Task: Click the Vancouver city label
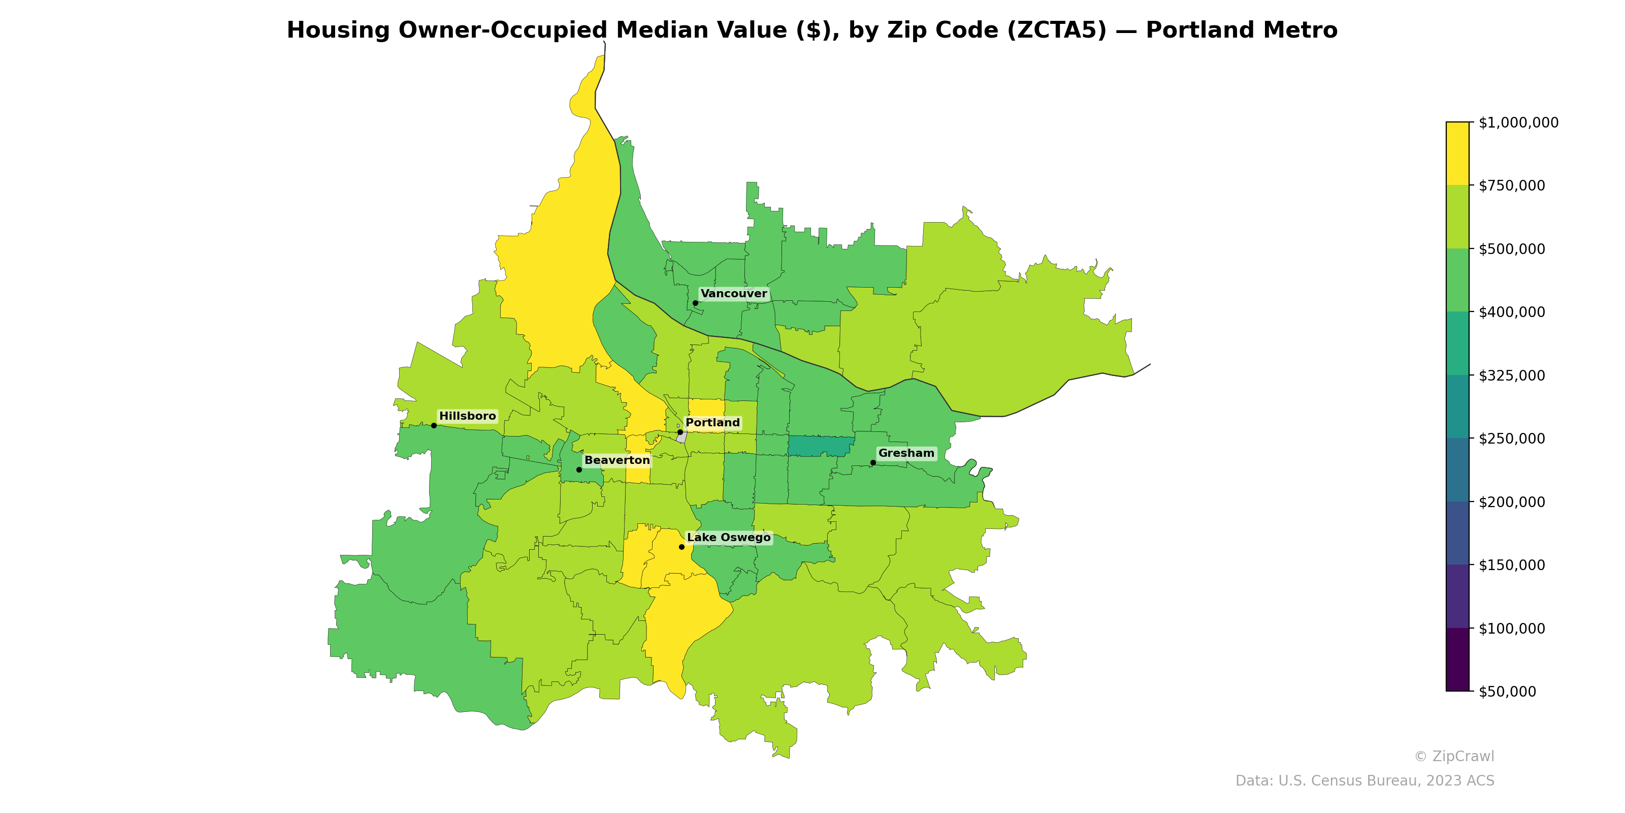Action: pyautogui.click(x=734, y=294)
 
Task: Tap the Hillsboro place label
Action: pyautogui.click(x=467, y=416)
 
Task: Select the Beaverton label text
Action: pyautogui.click(x=617, y=460)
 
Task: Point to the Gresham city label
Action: pyautogui.click(x=906, y=453)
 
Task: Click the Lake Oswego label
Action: pyautogui.click(x=729, y=537)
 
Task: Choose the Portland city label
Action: pyautogui.click(x=712, y=423)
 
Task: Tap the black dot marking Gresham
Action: pyautogui.click(x=873, y=463)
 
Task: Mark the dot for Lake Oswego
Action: pyautogui.click(x=682, y=547)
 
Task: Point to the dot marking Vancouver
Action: pyautogui.click(x=696, y=303)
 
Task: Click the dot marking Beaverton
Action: pyautogui.click(x=579, y=470)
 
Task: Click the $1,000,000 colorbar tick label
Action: pyautogui.click(x=1518, y=122)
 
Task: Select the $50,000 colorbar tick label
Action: pyautogui.click(x=1508, y=691)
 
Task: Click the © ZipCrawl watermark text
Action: pyautogui.click(x=1454, y=756)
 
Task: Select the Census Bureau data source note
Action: pyautogui.click(x=1364, y=781)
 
